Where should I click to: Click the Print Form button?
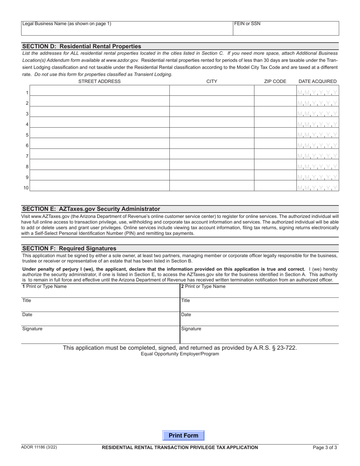[183, 435]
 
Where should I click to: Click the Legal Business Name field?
[127, 29]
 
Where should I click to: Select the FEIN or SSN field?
[285, 29]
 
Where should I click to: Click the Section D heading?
[82, 46]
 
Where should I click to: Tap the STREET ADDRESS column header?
[99, 81]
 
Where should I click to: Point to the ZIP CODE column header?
[275, 81]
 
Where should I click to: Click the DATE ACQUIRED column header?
[317, 81]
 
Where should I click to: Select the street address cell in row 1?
[100, 91]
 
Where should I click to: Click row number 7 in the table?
[27, 156]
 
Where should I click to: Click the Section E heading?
[91, 209]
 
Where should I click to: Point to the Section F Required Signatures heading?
[69, 249]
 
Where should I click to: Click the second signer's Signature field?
[259, 335]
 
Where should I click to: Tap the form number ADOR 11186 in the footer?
[39, 447]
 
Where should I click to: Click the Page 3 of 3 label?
[325, 447]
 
